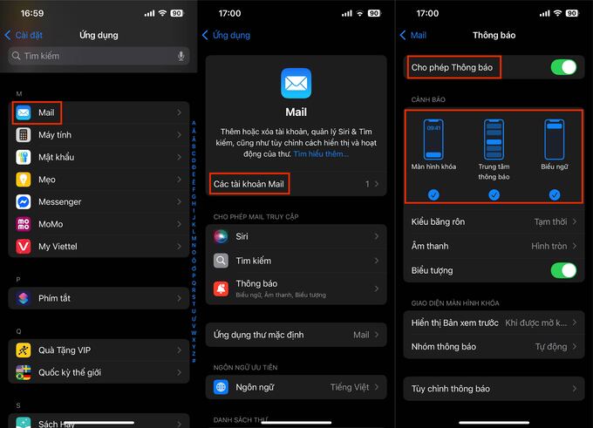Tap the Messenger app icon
(x=23, y=202)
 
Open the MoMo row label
(x=51, y=224)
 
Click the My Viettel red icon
(x=23, y=247)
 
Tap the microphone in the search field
(x=181, y=56)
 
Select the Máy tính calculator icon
(x=23, y=135)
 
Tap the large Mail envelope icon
(x=296, y=83)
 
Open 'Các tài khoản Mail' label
(x=249, y=184)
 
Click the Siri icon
(x=221, y=237)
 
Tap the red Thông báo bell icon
(x=221, y=289)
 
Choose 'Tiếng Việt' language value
(x=350, y=387)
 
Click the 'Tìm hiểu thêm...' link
(x=321, y=154)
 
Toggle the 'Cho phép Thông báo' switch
(x=563, y=67)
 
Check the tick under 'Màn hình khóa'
(x=433, y=195)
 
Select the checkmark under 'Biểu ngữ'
(x=555, y=195)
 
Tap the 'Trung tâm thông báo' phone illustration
(x=494, y=139)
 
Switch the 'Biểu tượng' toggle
(x=563, y=270)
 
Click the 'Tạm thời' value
(x=550, y=222)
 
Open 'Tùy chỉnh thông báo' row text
(x=451, y=389)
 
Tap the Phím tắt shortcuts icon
(x=23, y=298)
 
